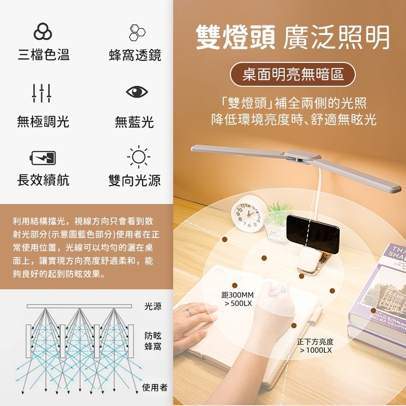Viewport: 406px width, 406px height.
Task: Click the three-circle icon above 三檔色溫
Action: point(43,32)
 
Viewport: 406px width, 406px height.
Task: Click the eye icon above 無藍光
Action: point(137,92)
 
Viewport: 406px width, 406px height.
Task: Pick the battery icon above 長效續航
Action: point(43,157)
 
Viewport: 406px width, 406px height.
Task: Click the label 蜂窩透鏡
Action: point(135,55)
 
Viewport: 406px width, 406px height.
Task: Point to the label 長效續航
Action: point(43,180)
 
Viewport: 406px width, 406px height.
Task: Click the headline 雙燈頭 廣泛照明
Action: point(293,37)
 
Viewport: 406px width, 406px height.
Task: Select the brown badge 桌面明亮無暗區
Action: point(292,75)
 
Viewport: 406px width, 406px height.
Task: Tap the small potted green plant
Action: point(278,219)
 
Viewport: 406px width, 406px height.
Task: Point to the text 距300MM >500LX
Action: point(238,299)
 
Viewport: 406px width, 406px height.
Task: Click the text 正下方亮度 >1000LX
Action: point(315,346)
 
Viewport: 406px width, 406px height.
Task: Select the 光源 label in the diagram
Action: point(153,306)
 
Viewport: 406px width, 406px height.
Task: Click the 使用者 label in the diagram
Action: point(154,387)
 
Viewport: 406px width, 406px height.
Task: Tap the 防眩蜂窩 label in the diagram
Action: point(153,341)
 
